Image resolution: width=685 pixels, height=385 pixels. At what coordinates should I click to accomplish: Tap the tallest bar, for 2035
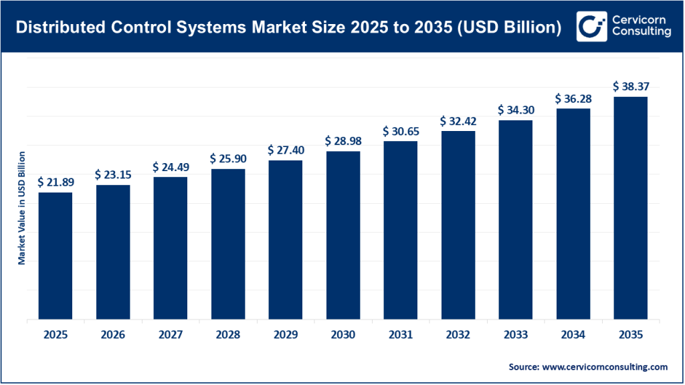[630, 208]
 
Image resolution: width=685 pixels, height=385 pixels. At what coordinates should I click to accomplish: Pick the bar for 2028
[227, 244]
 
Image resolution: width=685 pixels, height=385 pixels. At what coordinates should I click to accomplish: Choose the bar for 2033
[515, 220]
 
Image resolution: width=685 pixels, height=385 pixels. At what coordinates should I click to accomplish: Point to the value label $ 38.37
[631, 86]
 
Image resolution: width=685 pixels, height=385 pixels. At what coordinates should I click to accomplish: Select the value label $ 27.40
[286, 150]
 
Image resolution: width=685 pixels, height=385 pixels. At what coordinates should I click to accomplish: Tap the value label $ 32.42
[458, 121]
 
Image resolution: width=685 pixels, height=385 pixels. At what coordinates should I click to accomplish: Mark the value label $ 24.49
[171, 166]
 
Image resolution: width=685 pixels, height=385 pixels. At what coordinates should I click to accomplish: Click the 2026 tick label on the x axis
[113, 335]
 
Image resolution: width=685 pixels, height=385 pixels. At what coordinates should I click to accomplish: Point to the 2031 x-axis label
[401, 335]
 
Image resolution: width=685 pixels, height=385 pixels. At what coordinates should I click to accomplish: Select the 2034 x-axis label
[573, 335]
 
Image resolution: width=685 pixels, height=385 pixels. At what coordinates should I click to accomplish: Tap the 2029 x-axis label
[286, 335]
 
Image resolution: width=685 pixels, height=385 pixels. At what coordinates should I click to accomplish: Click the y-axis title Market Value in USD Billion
[21, 208]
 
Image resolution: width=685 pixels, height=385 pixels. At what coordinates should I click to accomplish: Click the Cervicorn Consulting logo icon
[590, 26]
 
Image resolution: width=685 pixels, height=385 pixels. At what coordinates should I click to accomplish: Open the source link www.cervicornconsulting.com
[603, 367]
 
